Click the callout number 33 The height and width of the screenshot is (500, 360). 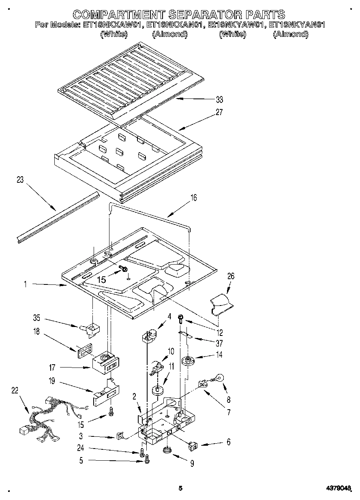click(x=220, y=99)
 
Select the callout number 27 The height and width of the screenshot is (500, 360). click(x=219, y=112)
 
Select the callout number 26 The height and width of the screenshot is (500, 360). click(x=231, y=276)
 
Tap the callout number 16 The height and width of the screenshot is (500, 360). click(x=193, y=198)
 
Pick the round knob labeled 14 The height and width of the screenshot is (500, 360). click(x=187, y=359)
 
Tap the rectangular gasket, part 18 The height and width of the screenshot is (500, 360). click(x=84, y=349)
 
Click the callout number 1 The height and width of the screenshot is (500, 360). click(x=25, y=284)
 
